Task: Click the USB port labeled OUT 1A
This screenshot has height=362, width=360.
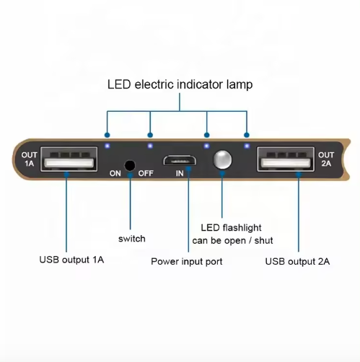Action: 69,159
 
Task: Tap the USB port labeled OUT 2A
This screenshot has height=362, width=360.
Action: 286,159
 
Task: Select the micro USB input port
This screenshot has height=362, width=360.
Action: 180,160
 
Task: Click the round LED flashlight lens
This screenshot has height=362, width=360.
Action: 222,159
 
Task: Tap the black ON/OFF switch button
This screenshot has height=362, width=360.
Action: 130,166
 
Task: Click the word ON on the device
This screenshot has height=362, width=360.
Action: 115,173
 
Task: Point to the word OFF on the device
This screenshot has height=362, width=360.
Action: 146,173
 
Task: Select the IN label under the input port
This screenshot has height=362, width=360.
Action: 180,173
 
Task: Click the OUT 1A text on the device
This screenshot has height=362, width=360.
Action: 29,159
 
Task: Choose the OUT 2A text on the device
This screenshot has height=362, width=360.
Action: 326,159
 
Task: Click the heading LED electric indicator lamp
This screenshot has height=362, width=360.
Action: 180,84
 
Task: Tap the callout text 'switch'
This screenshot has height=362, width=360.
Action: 132,239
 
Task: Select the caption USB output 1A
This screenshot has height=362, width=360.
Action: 71,260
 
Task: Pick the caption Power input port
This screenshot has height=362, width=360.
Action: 187,262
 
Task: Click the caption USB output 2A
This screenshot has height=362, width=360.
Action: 297,261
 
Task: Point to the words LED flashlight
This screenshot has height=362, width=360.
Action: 231,228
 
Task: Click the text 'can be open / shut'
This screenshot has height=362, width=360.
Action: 232,241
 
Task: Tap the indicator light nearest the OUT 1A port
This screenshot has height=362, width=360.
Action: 107,146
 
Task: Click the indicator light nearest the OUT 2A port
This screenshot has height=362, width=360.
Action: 247,146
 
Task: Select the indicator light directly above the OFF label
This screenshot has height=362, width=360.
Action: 150,146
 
